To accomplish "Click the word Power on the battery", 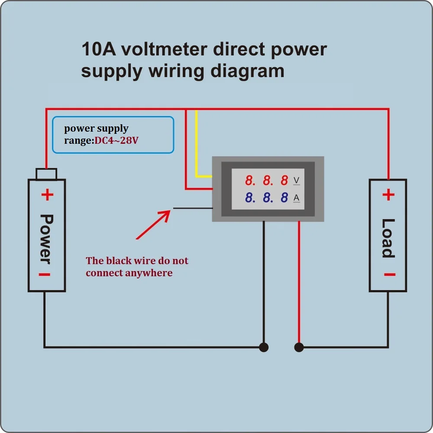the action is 46,239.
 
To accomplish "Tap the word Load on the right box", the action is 388,238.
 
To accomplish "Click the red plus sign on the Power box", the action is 48,195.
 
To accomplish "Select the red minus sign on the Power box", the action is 45,275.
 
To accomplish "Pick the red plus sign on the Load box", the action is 388,195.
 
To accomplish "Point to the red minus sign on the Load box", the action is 390,275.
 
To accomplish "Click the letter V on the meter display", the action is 296,181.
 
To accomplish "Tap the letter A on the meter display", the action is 296,198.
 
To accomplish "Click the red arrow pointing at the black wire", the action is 153,224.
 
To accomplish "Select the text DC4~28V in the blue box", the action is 116,140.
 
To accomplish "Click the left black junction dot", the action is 264,347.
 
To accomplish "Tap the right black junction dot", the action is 299,347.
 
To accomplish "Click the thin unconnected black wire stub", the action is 193,208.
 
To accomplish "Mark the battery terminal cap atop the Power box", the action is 46,174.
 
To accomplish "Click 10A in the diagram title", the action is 99,49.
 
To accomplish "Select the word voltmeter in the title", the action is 164,49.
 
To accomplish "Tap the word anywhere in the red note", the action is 149,273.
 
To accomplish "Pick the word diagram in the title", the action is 247,72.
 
